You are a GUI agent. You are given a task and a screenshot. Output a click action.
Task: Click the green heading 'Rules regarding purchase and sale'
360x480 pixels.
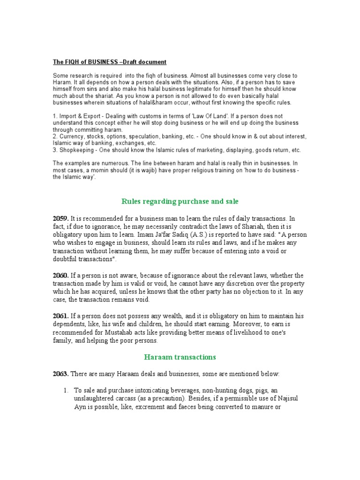pos(180,202)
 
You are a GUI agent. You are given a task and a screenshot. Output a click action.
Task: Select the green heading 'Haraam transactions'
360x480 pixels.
pos(180,357)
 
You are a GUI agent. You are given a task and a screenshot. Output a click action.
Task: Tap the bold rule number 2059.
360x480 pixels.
pos(60,218)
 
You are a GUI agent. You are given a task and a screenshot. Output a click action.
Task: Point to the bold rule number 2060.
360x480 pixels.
pos(60,275)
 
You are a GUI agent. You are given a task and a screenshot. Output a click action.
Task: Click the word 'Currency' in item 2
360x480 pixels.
pos(71,136)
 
